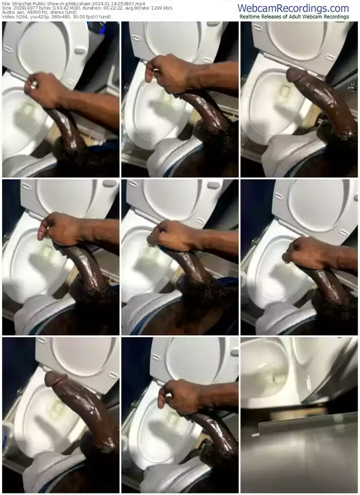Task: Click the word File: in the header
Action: click(5, 4)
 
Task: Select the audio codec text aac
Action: click(19, 12)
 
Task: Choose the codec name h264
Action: click(21, 16)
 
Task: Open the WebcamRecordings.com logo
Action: click(293, 8)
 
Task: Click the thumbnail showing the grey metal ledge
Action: click(299, 415)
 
